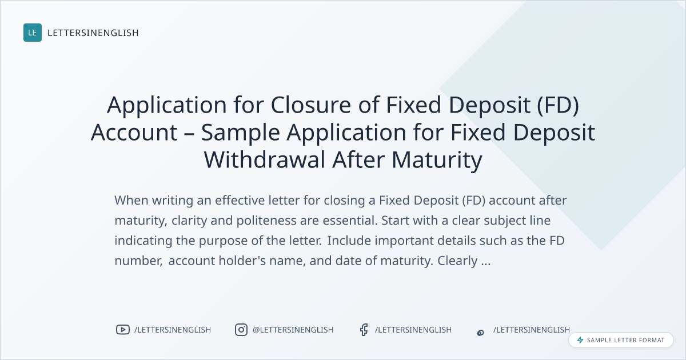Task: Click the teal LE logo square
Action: pyautogui.click(x=33, y=33)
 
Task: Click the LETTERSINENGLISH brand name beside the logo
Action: pyautogui.click(x=93, y=33)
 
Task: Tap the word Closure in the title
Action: pyautogui.click(x=311, y=105)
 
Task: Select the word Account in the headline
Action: pyautogui.click(x=134, y=132)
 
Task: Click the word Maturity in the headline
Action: pyautogui.click(x=437, y=161)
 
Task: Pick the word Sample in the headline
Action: pyautogui.click(x=241, y=133)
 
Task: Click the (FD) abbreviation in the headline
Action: pyautogui.click(x=558, y=106)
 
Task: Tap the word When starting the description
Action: pyautogui.click(x=131, y=201)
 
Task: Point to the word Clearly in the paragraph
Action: pyautogui.click(x=457, y=261)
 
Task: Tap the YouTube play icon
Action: pyautogui.click(x=123, y=330)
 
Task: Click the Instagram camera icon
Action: pyautogui.click(x=241, y=330)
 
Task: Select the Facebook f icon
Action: pyautogui.click(x=364, y=330)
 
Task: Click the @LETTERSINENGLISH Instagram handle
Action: pyautogui.click(x=293, y=330)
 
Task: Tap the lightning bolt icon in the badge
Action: pyautogui.click(x=580, y=340)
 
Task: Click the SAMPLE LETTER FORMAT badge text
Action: pyautogui.click(x=625, y=340)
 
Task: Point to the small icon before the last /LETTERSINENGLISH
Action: pyautogui.click(x=481, y=333)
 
